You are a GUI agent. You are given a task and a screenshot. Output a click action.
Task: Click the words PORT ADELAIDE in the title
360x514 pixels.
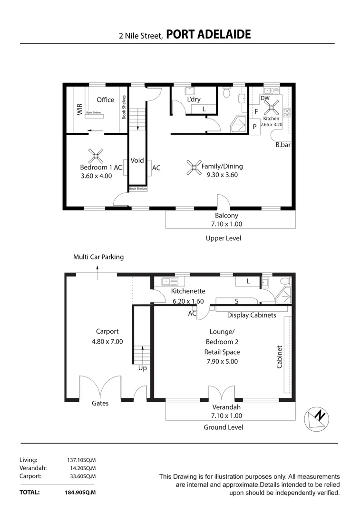209,34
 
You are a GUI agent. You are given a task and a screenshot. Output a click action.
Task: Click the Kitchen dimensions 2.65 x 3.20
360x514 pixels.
272,124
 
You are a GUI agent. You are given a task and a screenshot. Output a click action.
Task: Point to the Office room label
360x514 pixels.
105,99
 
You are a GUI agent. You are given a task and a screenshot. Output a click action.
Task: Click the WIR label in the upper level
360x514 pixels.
79,109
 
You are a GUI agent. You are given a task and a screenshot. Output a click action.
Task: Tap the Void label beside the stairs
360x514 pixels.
137,160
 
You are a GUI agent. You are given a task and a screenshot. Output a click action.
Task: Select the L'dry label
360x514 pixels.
194,99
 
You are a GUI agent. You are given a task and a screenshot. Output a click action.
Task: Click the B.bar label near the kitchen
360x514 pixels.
283,145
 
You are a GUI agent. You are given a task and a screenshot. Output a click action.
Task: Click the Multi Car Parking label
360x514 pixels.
98,257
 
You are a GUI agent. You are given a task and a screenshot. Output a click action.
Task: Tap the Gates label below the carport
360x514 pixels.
100,403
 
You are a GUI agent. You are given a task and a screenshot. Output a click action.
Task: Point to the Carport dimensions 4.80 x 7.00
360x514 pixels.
107,341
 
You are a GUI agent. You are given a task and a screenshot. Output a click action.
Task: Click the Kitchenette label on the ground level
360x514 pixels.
188,291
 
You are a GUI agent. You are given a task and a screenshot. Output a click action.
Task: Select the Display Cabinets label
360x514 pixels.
251,315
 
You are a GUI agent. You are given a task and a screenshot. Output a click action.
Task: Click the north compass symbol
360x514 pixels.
316,417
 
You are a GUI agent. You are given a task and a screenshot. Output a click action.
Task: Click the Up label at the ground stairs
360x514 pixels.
142,368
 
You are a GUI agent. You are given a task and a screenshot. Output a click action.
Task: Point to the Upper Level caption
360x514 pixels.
223,238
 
